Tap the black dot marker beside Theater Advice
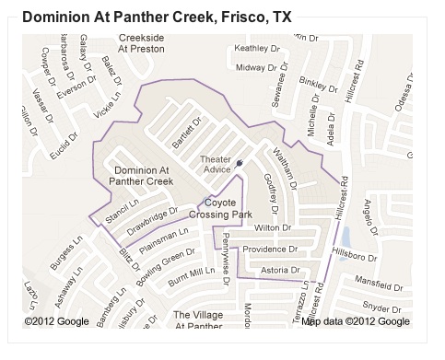pyautogui.click(x=239, y=163)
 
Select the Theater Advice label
pyautogui.click(x=216, y=165)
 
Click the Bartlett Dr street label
pyautogui.click(x=185, y=136)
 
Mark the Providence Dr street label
pyautogui.click(x=270, y=249)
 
